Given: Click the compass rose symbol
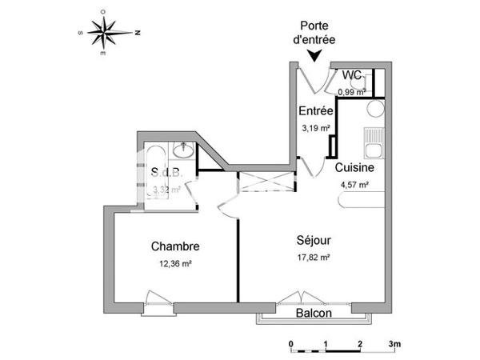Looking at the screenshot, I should [110, 33].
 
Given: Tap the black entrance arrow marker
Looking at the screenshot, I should [316, 55].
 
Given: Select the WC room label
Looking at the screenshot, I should [351, 76].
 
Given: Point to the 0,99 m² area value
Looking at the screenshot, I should [351, 92].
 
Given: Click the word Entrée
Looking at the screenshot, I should [315, 111].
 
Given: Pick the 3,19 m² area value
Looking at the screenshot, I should [315, 128].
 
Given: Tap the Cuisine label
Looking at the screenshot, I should [352, 168].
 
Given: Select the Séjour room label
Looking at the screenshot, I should [314, 239].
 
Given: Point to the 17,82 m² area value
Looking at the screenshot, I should [314, 258].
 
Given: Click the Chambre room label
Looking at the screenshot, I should [175, 246].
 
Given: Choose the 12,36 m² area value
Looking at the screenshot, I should [175, 263].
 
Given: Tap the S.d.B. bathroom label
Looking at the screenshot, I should [166, 172].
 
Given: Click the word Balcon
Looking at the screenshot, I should [314, 314].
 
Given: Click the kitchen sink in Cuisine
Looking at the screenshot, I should [372, 148].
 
